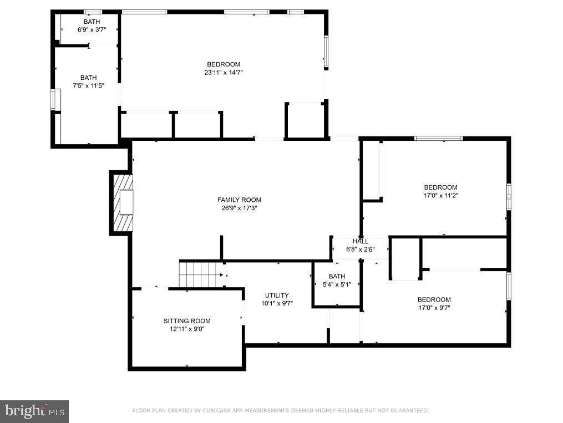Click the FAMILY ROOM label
click(x=239, y=200)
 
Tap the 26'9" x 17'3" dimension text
click(x=239, y=208)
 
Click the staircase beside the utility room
click(x=201, y=274)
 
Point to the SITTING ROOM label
click(x=187, y=321)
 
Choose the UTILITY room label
click(x=277, y=295)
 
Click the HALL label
click(x=360, y=241)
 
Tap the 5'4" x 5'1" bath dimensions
click(x=337, y=284)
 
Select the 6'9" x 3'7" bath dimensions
click(x=92, y=30)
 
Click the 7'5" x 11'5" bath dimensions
click(x=88, y=86)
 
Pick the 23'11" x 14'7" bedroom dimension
click(x=224, y=73)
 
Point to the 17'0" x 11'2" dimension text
click(x=441, y=196)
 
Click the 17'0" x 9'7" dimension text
click(x=434, y=308)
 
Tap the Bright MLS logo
click(x=34, y=411)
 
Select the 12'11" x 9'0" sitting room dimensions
click(x=187, y=329)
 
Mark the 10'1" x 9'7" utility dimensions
click(x=277, y=303)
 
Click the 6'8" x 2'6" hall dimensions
click(x=361, y=249)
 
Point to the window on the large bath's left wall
click(x=53, y=99)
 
